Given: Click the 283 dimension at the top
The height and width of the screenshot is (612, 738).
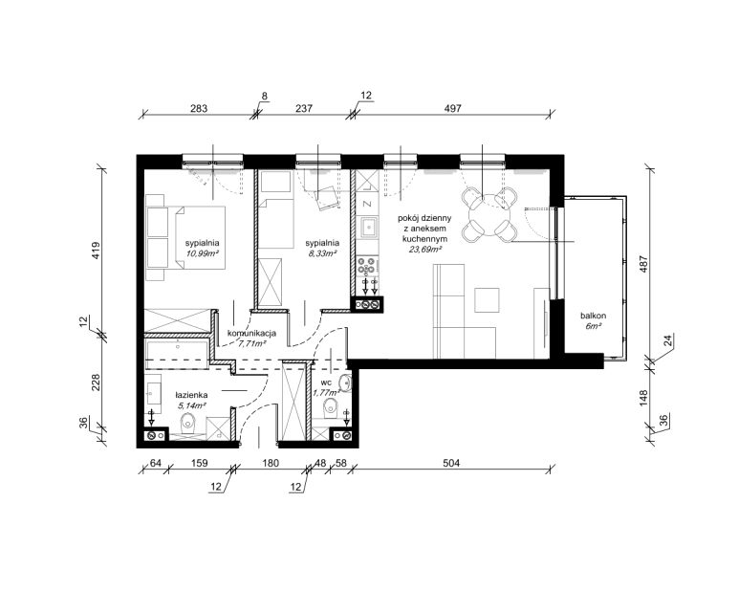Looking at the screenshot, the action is pyautogui.click(x=198, y=108).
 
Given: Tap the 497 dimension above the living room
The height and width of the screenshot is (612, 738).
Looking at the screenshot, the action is pyautogui.click(x=452, y=108).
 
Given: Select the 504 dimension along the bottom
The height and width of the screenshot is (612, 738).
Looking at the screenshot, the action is pyautogui.click(x=451, y=463).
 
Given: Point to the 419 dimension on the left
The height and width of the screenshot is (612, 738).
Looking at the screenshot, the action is pyautogui.click(x=96, y=251).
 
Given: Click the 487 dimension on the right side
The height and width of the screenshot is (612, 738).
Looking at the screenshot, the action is pyautogui.click(x=644, y=265).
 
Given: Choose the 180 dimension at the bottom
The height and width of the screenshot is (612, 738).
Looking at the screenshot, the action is pyautogui.click(x=271, y=463).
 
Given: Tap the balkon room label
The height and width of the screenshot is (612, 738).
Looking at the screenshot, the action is pyautogui.click(x=593, y=316).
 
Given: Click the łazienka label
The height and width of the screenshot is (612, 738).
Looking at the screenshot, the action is pyautogui.click(x=191, y=396).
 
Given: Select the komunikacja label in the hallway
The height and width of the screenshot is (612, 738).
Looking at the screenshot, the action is pyautogui.click(x=251, y=334).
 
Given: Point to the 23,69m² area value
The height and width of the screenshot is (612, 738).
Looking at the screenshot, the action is pyautogui.click(x=425, y=250).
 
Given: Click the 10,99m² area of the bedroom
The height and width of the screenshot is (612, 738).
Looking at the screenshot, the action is pyautogui.click(x=203, y=253).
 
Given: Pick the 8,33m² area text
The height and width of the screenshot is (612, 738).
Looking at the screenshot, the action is pyautogui.click(x=322, y=253).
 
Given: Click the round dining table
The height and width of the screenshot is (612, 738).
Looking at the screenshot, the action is pyautogui.click(x=489, y=215).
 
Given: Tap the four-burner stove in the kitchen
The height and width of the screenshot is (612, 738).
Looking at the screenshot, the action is pyautogui.click(x=366, y=265).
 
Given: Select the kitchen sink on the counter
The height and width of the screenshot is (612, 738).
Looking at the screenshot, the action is pyautogui.click(x=367, y=229).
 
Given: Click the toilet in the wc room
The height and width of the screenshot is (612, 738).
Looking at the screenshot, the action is pyautogui.click(x=332, y=407).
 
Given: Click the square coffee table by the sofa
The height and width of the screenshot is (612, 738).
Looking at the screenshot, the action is pyautogui.click(x=487, y=300).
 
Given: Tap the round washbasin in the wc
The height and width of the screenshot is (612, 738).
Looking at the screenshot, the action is pyautogui.click(x=346, y=383).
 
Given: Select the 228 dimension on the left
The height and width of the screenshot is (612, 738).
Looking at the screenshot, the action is pyautogui.click(x=96, y=382).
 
